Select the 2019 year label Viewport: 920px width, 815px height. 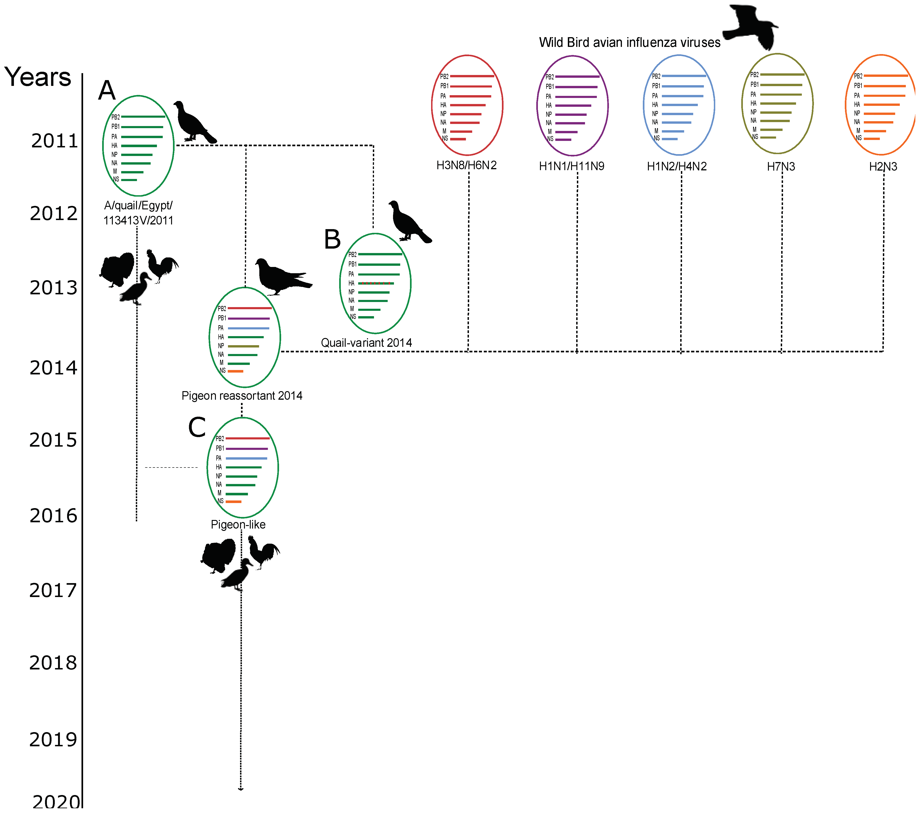coord(53,739)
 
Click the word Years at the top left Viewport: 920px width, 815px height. coord(38,77)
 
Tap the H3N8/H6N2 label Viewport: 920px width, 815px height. coord(466,166)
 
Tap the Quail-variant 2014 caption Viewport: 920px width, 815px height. coord(366,343)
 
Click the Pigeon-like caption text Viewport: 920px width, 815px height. coord(238,525)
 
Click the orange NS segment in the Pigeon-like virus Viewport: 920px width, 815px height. coord(234,501)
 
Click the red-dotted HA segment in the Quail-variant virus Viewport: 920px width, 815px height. coord(376,283)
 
